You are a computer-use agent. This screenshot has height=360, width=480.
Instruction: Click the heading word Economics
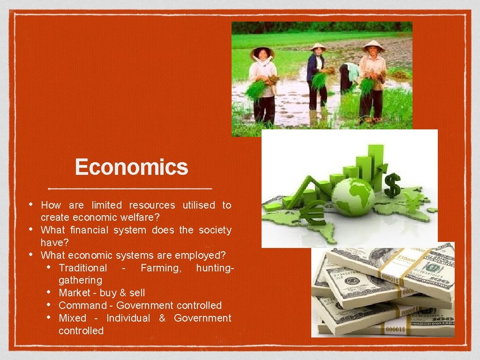click(131, 167)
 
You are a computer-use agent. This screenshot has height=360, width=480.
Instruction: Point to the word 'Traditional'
click(82, 268)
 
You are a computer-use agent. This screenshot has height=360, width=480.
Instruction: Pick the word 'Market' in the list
click(74, 293)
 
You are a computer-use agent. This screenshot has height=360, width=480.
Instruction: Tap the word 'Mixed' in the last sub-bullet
click(72, 318)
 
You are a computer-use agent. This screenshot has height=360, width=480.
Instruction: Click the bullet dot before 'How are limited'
click(30, 204)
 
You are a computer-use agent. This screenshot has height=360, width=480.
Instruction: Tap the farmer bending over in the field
click(349, 75)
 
